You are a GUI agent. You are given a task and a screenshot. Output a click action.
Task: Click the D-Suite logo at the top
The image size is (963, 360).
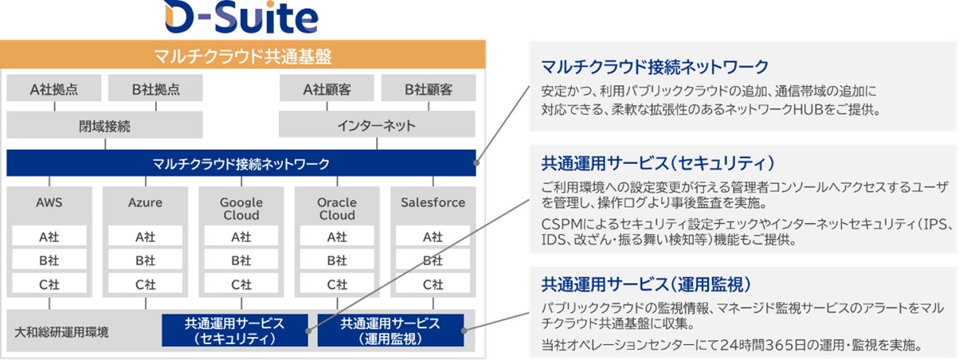[242, 18]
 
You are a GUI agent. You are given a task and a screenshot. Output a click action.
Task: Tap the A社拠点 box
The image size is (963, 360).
[54, 88]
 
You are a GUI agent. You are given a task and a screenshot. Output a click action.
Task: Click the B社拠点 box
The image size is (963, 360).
[155, 88]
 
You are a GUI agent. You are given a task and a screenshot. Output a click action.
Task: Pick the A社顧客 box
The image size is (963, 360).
[327, 88]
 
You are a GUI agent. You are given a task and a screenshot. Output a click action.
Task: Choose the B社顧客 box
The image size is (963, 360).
[429, 88]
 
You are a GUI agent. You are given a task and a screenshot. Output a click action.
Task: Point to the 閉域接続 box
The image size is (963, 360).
[104, 125]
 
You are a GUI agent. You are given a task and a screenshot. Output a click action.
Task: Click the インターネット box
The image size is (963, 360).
[377, 125]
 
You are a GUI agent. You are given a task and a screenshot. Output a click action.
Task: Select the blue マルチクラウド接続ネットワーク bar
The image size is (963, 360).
[241, 163]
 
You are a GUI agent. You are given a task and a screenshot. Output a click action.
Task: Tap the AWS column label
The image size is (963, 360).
[49, 202]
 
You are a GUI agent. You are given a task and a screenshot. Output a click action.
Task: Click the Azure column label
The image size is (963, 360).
[145, 202]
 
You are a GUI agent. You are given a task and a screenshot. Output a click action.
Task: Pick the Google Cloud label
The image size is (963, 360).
[241, 209]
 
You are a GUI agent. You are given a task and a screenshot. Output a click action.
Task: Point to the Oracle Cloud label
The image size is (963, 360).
[337, 209]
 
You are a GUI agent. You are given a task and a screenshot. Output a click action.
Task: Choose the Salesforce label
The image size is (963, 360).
[433, 202]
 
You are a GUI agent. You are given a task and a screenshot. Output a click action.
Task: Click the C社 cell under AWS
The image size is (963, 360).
[49, 284]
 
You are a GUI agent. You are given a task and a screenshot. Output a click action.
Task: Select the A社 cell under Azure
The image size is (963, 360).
[145, 237]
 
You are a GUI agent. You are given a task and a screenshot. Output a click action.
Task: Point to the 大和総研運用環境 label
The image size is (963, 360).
[61, 331]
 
